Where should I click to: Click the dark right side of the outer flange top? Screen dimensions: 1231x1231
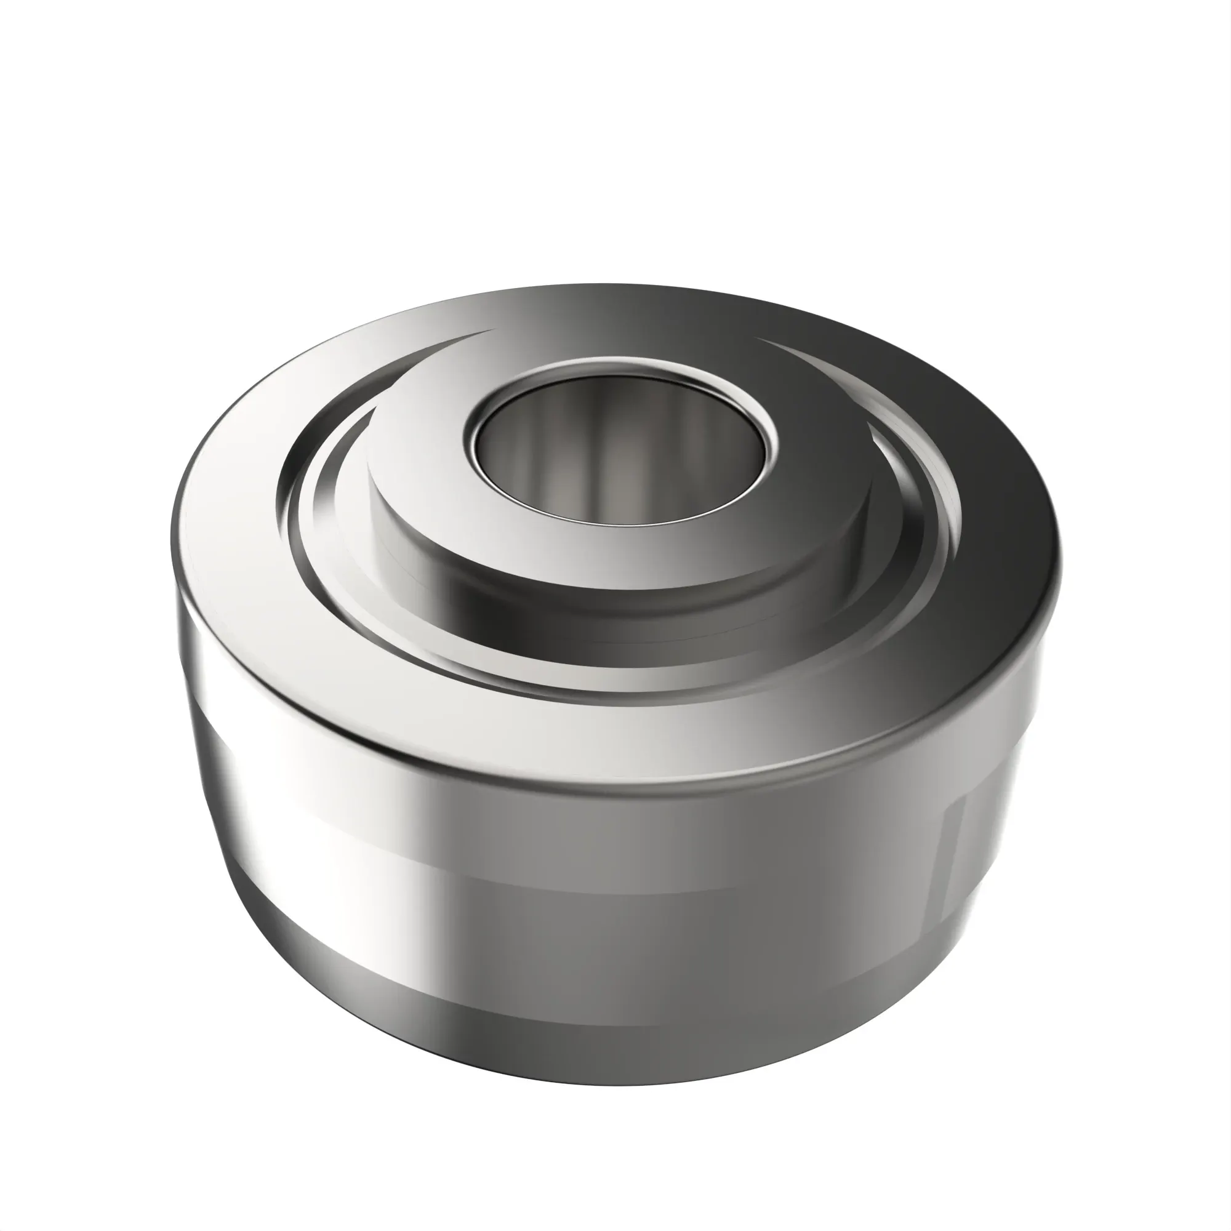pyautogui.click(x=994, y=510)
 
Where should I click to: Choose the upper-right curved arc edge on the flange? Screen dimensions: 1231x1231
pyautogui.click(x=841, y=363)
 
